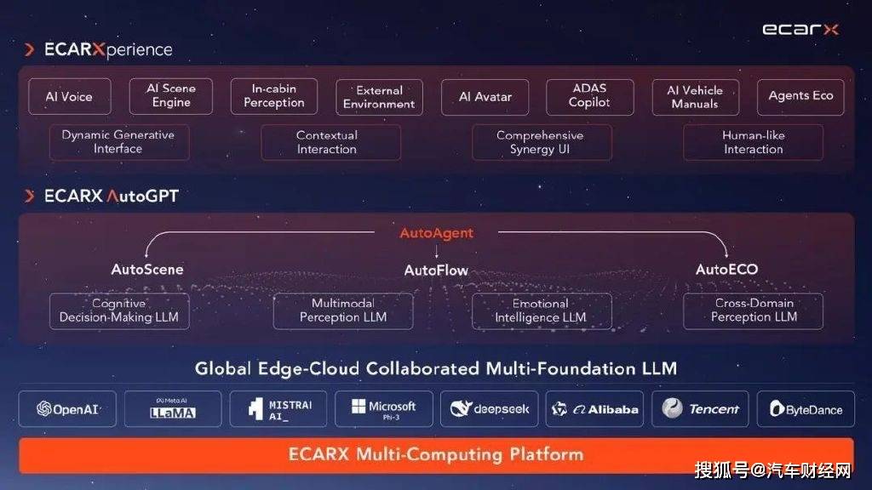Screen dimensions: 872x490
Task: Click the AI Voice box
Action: (70, 97)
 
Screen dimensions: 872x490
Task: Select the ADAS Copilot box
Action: (589, 97)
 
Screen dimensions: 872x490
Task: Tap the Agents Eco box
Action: (800, 97)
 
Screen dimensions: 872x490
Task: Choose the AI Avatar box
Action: (485, 97)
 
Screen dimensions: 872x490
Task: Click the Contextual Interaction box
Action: (330, 142)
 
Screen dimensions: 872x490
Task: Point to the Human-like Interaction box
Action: (753, 142)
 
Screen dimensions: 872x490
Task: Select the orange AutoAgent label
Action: (437, 233)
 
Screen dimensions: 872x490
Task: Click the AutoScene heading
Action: (146, 270)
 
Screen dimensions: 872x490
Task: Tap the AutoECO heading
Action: (727, 270)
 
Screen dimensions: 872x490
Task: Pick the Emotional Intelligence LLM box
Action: (542, 311)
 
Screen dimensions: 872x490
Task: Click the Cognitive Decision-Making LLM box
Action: (119, 311)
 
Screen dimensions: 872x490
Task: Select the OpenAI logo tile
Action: (67, 409)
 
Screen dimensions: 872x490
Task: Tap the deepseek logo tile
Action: (490, 409)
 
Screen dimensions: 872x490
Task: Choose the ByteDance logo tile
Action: (806, 409)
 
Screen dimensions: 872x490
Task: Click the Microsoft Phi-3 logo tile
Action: (384, 409)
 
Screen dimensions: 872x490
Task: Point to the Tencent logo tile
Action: (700, 409)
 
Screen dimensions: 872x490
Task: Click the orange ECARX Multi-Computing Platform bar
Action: (436, 455)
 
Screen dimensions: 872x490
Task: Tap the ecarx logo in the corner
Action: (800, 29)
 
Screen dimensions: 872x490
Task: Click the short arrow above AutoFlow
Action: (437, 252)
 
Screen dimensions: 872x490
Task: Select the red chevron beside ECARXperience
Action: (30, 49)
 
